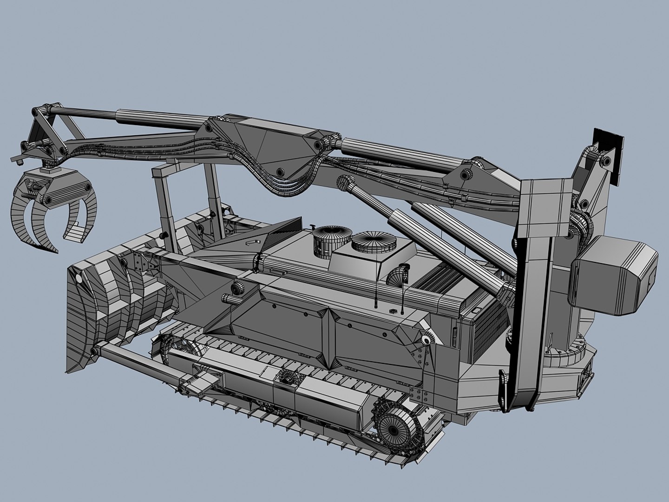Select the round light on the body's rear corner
point(425,340)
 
